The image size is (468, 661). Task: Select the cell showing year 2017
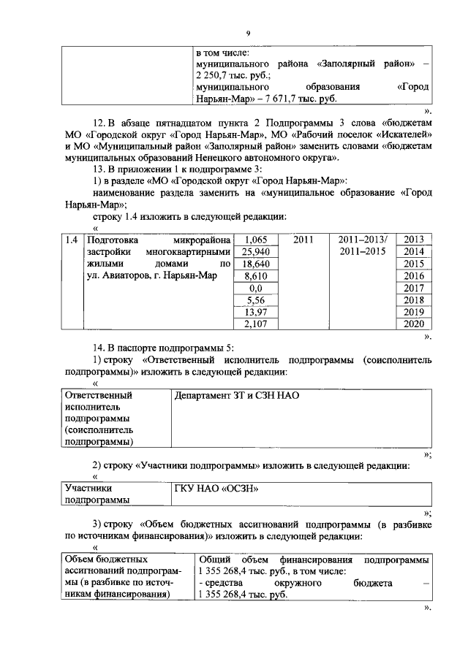[414, 288]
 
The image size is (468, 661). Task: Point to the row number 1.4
[71, 240]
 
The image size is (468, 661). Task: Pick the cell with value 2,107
[254, 324]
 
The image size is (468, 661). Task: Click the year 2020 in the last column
[414, 324]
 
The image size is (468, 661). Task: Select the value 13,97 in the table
[254, 312]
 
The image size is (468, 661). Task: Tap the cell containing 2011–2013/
[366, 240]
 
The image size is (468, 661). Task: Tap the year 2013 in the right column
[414, 240]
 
